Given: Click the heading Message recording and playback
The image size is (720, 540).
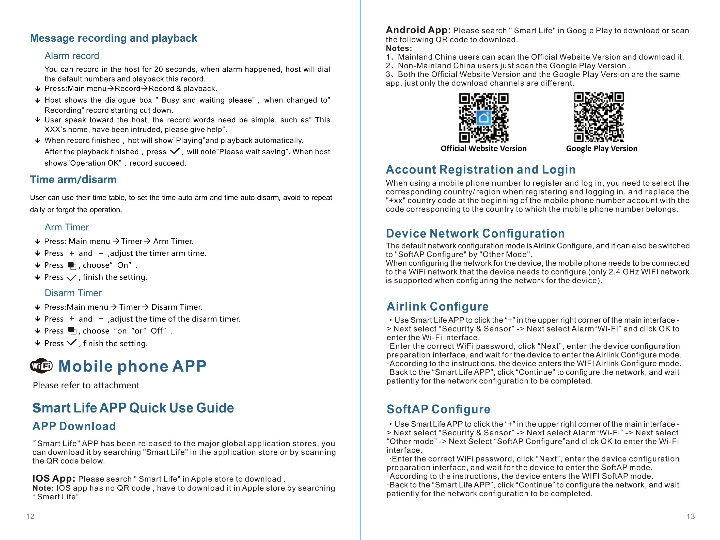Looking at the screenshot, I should [113, 38].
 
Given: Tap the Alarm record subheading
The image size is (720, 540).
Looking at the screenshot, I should [72, 56].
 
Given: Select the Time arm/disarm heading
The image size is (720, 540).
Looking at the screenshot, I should [73, 180].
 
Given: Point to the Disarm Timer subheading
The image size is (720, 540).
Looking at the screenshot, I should [73, 293].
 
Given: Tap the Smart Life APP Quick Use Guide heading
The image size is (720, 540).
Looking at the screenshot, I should [133, 408].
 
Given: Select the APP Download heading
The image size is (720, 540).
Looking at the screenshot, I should [74, 426].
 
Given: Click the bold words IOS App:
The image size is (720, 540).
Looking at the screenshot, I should [54, 478].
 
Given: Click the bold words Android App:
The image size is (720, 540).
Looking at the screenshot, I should [418, 30].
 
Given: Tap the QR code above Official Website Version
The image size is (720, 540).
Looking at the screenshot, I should [483, 118].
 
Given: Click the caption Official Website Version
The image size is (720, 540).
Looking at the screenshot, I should [483, 149].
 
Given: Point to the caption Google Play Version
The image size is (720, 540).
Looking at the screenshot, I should [602, 149].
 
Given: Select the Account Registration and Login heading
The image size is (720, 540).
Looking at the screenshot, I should [480, 170].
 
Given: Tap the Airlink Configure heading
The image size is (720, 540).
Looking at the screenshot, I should [437, 307].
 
